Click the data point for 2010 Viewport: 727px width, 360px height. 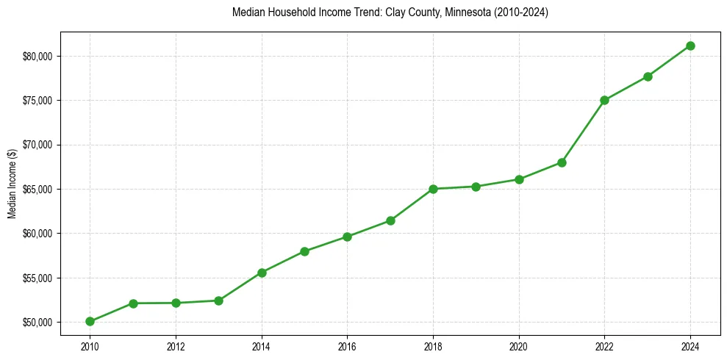90,321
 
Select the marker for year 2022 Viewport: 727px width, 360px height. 604,100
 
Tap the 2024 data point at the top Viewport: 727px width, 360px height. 690,46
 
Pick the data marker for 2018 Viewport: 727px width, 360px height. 433,189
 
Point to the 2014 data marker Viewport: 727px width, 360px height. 262,273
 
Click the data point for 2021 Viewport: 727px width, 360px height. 562,162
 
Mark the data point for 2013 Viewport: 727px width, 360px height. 218,300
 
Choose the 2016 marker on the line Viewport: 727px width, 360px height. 347,237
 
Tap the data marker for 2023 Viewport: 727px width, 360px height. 648,76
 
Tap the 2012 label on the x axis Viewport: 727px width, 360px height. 176,345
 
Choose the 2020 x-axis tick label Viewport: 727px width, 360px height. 519,345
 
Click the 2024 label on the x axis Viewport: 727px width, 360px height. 690,345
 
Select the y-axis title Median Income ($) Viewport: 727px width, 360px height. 12,190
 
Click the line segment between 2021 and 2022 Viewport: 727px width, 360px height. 583,131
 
